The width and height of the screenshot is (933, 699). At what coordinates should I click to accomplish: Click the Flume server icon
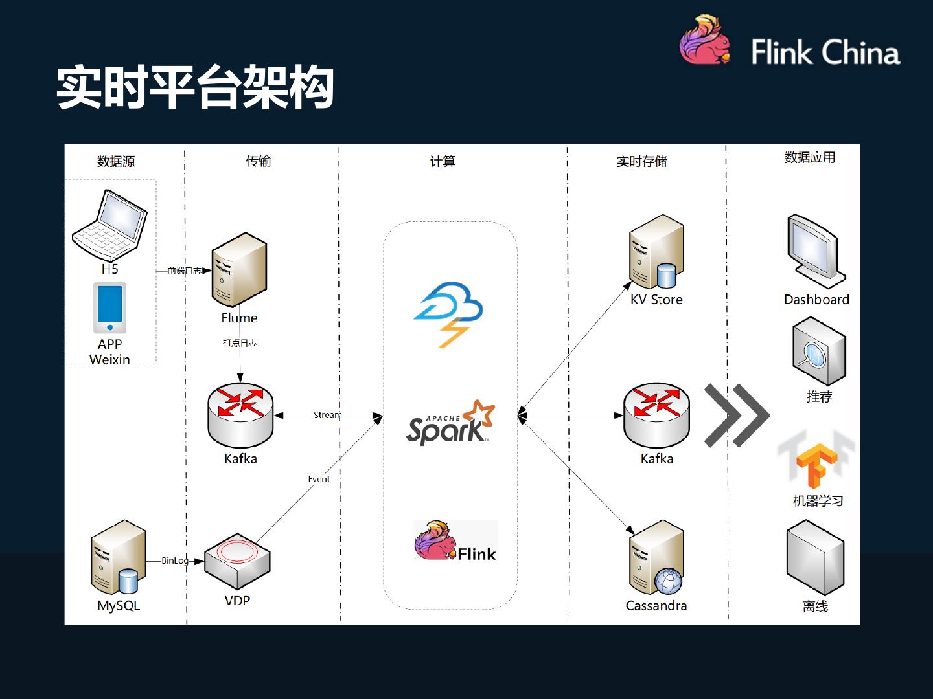click(x=239, y=270)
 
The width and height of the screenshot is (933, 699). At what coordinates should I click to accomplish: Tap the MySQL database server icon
click(x=119, y=558)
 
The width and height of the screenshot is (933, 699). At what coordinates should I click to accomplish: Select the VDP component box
click(x=237, y=561)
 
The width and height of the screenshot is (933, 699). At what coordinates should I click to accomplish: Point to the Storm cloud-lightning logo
click(x=448, y=314)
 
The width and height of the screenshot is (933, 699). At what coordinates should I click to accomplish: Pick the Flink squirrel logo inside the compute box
click(x=455, y=540)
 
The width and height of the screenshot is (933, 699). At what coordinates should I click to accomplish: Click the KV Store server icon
click(x=656, y=252)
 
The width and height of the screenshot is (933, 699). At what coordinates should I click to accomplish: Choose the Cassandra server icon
click(x=656, y=558)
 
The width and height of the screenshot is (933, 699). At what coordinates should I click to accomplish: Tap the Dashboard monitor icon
click(x=816, y=251)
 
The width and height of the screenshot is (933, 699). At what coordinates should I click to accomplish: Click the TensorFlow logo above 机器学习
click(x=816, y=463)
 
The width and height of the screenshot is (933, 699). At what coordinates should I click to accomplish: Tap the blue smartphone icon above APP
click(x=110, y=307)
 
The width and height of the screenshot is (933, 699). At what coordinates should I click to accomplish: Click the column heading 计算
click(x=443, y=161)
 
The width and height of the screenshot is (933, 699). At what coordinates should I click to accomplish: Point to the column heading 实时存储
click(x=641, y=161)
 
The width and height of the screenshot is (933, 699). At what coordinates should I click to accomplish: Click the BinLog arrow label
click(x=175, y=560)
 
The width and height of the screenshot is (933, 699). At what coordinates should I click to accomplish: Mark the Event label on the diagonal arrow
click(x=319, y=479)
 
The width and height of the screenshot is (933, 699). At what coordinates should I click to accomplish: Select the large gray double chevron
click(x=737, y=416)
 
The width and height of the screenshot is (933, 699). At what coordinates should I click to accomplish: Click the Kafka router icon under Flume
click(x=240, y=416)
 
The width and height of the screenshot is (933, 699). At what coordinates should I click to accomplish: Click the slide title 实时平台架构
click(x=195, y=87)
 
